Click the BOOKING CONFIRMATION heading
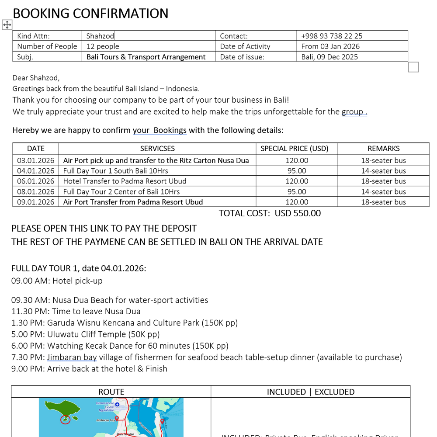(90, 14)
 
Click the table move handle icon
(7, 24)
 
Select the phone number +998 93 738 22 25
(332, 36)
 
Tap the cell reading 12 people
(103, 46)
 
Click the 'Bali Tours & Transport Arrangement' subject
(146, 57)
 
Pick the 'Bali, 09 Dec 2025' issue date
(329, 57)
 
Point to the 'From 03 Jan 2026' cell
(330, 46)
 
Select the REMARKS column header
(383, 148)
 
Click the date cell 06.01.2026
(36, 181)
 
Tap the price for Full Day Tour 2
(297, 191)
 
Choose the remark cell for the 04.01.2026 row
(383, 171)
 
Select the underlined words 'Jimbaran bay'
(72, 357)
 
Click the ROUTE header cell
(111, 392)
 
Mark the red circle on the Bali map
(65, 420)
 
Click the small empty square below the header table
(413, 67)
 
